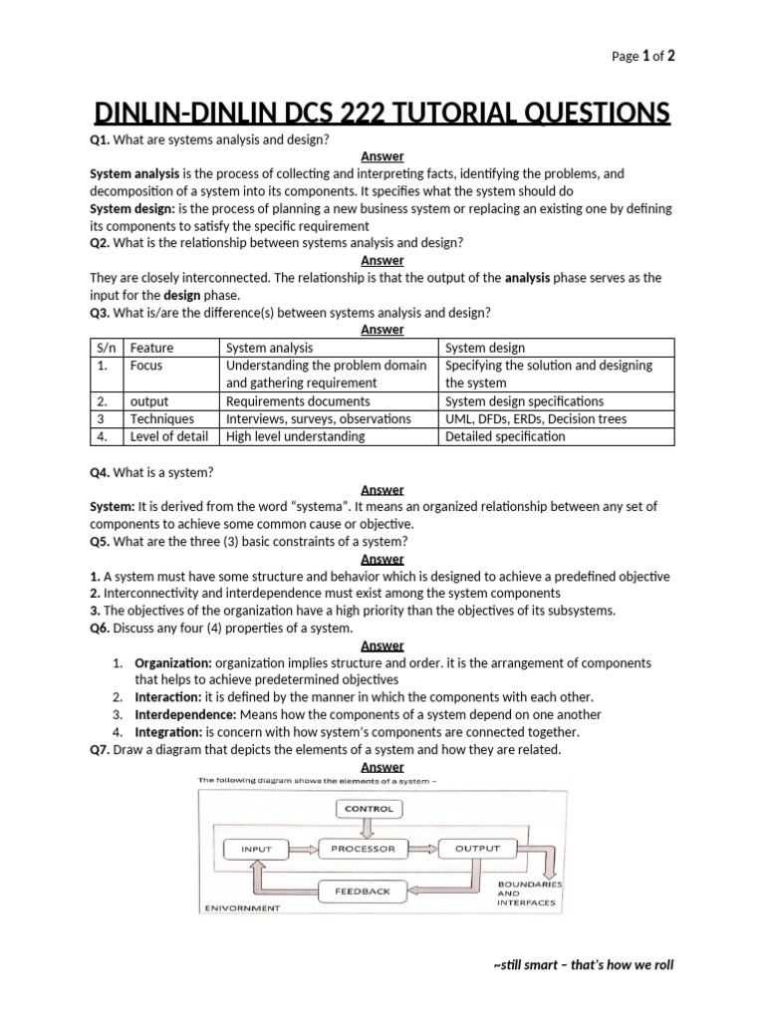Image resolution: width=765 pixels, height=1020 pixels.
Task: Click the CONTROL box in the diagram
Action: point(369,809)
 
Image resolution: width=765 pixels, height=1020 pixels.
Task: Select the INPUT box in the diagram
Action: point(257,850)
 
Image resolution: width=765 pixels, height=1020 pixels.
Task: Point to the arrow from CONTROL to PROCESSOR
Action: point(369,828)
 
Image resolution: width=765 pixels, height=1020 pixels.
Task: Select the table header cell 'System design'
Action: point(485,348)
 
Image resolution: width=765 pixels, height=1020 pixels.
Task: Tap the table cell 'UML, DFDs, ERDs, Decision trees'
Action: point(536,418)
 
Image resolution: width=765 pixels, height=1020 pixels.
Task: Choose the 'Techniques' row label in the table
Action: point(161,418)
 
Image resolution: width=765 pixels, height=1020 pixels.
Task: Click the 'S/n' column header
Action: point(103,348)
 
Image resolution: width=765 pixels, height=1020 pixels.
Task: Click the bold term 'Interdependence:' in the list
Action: point(185,714)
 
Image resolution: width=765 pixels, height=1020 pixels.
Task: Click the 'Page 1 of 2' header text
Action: point(642,57)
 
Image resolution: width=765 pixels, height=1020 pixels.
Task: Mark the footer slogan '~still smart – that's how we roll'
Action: point(583,965)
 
